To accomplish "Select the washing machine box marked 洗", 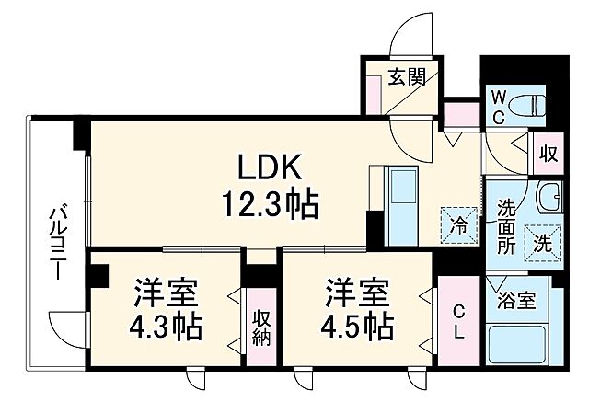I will pyautogui.click(x=542, y=244).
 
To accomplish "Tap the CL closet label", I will pyautogui.click(x=457, y=321).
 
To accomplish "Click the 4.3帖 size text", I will pyautogui.click(x=166, y=325).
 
